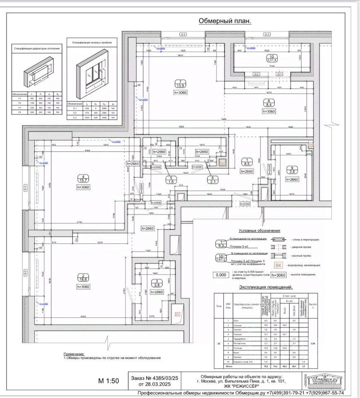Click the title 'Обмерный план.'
click(x=225, y=21)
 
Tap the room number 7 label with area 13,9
click(x=180, y=83)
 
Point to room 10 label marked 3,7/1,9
click(x=272, y=58)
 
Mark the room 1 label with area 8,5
click(x=247, y=162)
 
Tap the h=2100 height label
click(x=246, y=204)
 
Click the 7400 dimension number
click(x=224, y=119)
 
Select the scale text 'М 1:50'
click(x=109, y=381)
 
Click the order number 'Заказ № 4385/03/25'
click(x=154, y=378)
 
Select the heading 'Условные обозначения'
click(x=259, y=231)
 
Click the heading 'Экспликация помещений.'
click(x=266, y=287)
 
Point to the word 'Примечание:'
click(x=74, y=354)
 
